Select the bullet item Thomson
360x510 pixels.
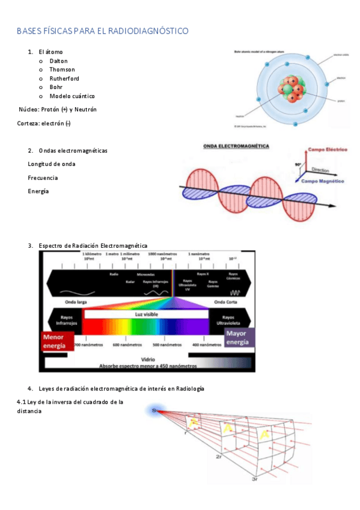(x=62, y=70)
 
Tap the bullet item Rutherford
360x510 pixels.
(x=64, y=79)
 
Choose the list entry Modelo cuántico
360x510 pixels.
(x=72, y=96)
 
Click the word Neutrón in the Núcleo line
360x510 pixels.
(x=87, y=109)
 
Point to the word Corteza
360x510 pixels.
(x=28, y=123)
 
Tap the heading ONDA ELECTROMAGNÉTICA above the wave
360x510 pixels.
(x=236, y=146)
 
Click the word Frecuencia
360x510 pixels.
(x=43, y=177)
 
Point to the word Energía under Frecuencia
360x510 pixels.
(x=38, y=191)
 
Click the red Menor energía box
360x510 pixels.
(x=57, y=342)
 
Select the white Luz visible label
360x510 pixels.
(x=146, y=314)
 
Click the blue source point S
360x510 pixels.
(x=154, y=410)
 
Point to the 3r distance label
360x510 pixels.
(x=255, y=479)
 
